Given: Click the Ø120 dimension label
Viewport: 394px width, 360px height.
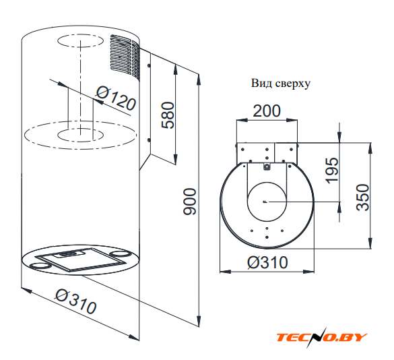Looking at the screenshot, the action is pos(116,98).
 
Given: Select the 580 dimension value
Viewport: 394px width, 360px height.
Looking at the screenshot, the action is pos(168,115).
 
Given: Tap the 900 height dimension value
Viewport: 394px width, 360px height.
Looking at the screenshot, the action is pos(189,202).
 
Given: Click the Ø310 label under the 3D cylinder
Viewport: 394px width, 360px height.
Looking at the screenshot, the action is pos(75,301).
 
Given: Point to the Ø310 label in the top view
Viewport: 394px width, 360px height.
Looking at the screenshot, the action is pos(267,262).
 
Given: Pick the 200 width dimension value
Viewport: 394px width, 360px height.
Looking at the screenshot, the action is pos(266,111).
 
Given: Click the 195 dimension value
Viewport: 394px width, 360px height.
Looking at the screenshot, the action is pos(331,171).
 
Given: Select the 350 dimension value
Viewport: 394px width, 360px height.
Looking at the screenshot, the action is pos(362,198).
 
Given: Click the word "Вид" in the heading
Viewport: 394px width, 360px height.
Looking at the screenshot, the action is pos(260,84).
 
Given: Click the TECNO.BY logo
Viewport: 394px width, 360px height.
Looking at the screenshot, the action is pos(322,337).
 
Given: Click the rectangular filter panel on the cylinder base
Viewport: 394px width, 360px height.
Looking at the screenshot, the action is pos(80,259).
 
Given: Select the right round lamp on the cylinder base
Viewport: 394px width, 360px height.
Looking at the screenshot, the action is pos(121,253).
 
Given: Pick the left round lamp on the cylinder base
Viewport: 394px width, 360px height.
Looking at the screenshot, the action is pos(40,265).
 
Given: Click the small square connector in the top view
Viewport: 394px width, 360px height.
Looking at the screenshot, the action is pos(267,167).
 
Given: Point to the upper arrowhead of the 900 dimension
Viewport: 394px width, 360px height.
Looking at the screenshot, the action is pos(199,80).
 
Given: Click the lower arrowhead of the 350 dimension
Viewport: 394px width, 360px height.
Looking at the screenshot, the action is pos(370,243).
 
